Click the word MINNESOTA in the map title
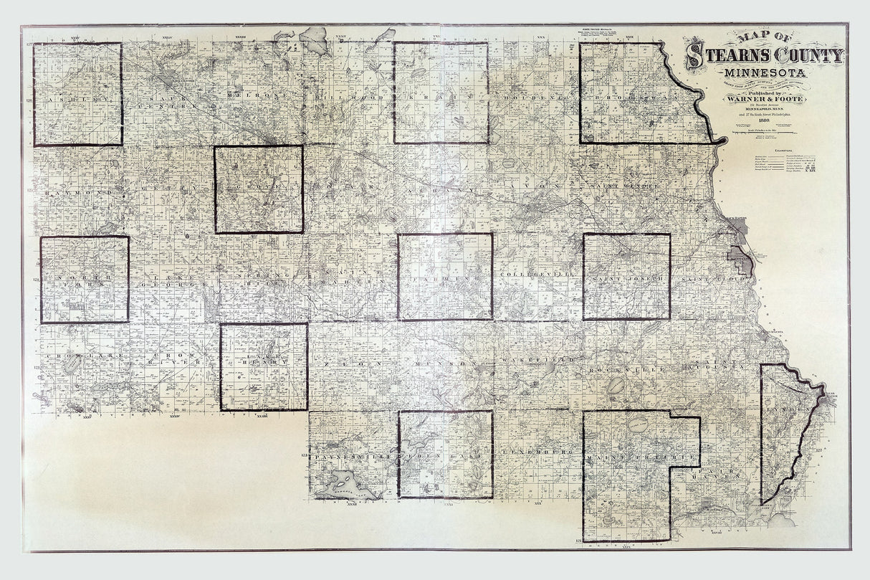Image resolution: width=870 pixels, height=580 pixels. coord(764,72)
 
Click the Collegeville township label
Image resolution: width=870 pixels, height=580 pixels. coord(529,275)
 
